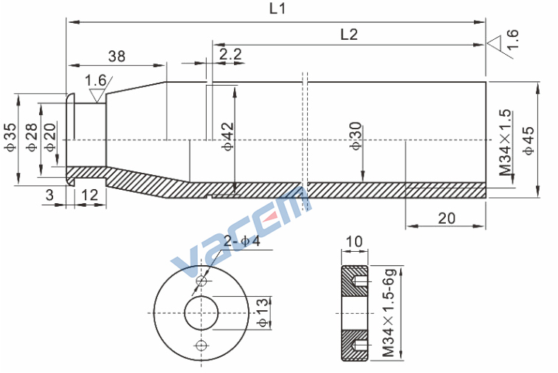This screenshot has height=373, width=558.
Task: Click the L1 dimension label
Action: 278,8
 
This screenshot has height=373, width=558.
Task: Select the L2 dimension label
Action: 348,35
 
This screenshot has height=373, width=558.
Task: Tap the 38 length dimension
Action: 117,56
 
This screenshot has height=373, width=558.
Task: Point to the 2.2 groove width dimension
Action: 230,54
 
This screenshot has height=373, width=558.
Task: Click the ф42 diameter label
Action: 228,137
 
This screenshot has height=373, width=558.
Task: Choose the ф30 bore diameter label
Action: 356,136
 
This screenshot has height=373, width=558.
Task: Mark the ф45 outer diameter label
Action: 528,140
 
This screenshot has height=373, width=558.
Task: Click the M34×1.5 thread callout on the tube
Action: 506,143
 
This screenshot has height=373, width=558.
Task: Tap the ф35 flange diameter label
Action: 10,137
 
